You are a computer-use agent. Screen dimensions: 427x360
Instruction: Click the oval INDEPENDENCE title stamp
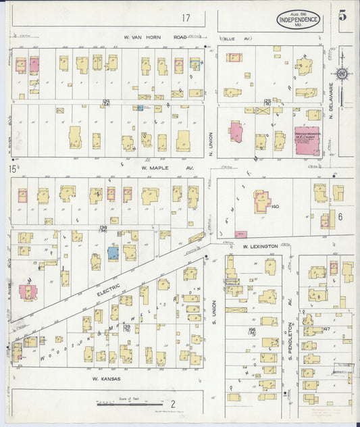(x=299, y=20)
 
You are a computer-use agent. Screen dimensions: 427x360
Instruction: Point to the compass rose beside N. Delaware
(x=342, y=74)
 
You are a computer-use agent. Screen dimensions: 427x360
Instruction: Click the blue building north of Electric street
(x=113, y=253)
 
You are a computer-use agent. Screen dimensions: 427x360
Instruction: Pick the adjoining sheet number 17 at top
(x=186, y=18)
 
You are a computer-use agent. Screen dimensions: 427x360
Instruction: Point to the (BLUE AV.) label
(x=232, y=38)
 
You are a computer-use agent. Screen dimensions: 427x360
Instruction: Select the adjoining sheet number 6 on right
(x=340, y=216)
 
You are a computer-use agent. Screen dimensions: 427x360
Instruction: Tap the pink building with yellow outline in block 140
(x=260, y=201)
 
